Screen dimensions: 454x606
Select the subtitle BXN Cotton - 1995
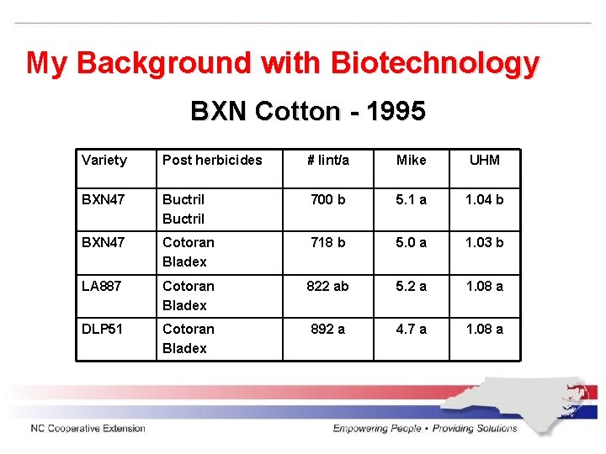tap(308, 111)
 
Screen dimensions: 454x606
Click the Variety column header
tap(104, 160)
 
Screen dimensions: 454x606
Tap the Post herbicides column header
tap(212, 160)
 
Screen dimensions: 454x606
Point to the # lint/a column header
tap(328, 160)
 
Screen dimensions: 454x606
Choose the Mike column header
tap(412, 160)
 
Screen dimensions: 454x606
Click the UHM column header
tap(485, 160)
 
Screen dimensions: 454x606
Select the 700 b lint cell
tap(328, 200)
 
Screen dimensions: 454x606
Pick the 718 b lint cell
tap(328, 243)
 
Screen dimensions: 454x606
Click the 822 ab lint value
tap(328, 287)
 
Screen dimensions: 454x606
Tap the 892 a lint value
tap(328, 330)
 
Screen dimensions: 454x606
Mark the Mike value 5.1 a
tap(412, 200)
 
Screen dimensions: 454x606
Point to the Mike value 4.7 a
tap(412, 330)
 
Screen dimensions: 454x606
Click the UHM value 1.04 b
tap(485, 200)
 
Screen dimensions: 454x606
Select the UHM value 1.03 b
tap(485, 243)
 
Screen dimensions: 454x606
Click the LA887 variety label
tap(101, 287)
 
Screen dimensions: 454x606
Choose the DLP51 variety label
tap(102, 330)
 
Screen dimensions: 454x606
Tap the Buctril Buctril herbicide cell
tap(183, 209)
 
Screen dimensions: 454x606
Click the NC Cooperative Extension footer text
tap(88, 429)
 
